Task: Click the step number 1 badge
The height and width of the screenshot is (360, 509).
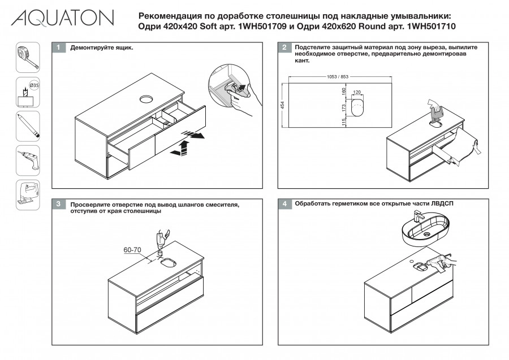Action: (58, 48)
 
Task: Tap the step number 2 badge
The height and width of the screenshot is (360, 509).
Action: (284, 48)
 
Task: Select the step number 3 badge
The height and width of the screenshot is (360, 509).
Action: (58, 203)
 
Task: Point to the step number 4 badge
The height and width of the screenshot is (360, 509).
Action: (284, 203)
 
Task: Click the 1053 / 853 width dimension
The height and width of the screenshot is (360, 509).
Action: (337, 77)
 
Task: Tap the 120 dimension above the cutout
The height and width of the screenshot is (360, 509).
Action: (357, 92)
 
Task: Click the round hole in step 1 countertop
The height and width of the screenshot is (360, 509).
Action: (146, 99)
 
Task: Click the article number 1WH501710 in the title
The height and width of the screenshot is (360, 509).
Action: (430, 27)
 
